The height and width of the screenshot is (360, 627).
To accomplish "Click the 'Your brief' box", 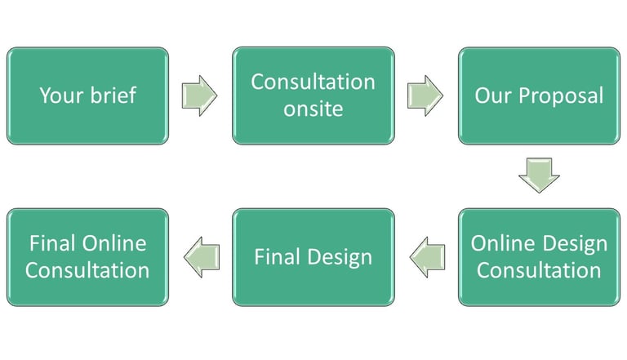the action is (x=87, y=96).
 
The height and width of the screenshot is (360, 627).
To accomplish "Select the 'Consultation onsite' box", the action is (x=313, y=96).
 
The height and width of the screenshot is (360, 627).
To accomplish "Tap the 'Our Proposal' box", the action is (x=539, y=96).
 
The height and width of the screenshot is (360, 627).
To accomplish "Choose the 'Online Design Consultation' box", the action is (x=539, y=257).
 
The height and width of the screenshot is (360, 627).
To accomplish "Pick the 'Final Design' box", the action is (x=313, y=257).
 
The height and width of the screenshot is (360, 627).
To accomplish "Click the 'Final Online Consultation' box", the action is (x=87, y=257).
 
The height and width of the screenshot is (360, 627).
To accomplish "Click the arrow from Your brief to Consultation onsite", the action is (x=199, y=96).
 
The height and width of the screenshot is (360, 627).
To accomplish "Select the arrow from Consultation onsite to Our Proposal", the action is (x=425, y=96).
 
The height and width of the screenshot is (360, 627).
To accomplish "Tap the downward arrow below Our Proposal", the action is (x=539, y=176).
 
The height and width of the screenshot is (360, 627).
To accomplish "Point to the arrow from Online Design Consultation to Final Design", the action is (x=427, y=257).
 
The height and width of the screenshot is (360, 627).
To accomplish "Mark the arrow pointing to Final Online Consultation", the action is (x=202, y=257).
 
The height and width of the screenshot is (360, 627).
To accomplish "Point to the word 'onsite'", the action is (x=313, y=109).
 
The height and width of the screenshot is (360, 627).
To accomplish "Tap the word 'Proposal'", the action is (x=561, y=96).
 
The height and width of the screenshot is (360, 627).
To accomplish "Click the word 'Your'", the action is (x=62, y=96).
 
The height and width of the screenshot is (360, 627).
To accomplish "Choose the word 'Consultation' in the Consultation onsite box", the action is (x=313, y=82).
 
